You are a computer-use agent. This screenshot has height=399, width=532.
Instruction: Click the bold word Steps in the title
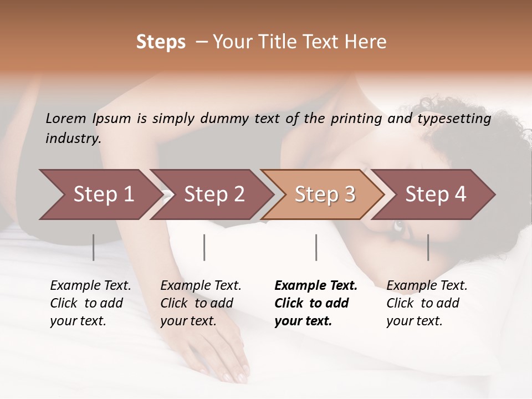point(161,42)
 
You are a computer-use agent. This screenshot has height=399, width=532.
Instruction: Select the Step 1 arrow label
point(104,195)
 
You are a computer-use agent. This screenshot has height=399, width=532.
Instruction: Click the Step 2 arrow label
point(214,195)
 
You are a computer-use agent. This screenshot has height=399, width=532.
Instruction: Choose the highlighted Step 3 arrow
point(325,195)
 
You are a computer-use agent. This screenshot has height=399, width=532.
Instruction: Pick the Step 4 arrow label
point(436,195)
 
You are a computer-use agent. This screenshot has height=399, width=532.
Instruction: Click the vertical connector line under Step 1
point(94,247)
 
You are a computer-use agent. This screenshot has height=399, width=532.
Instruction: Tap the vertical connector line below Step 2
point(204,247)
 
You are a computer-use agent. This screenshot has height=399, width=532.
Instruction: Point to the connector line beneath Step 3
point(316,247)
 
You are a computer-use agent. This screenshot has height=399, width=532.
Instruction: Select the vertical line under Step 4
point(428,247)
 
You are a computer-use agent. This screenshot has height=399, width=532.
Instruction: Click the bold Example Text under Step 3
point(316,286)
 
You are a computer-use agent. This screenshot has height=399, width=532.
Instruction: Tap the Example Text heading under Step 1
point(90,286)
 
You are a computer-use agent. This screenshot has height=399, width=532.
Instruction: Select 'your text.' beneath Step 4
point(414,321)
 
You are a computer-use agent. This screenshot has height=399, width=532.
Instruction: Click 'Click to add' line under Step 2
point(197,304)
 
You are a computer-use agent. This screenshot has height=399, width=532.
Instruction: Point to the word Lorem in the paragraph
point(66,119)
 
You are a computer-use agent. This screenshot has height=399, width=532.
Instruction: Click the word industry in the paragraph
point(73,139)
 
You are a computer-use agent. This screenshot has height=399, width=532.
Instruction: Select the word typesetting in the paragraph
point(454,119)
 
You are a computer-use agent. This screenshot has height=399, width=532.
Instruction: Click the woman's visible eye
point(398,226)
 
